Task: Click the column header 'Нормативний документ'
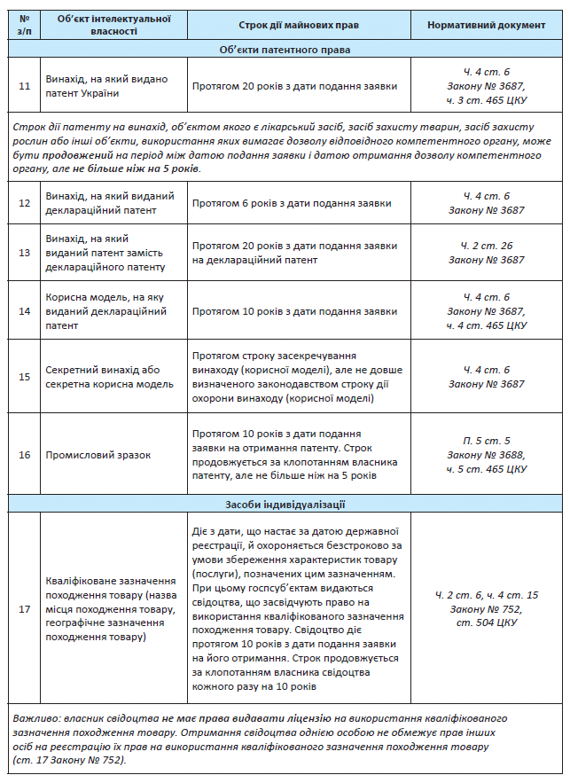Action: click(x=487, y=25)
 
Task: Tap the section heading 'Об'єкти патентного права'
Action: click(x=285, y=50)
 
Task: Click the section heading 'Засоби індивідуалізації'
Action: click(x=285, y=505)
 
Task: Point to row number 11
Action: click(x=25, y=86)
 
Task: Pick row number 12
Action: click(x=25, y=203)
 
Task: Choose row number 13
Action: click(x=25, y=253)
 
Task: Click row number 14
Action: click(x=25, y=311)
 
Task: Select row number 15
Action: click(x=25, y=376)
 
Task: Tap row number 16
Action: click(x=25, y=455)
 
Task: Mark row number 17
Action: click(x=25, y=609)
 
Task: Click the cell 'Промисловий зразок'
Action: click(x=98, y=455)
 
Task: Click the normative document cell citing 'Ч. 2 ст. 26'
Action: click(x=487, y=253)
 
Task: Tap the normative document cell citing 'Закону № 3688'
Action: click(x=487, y=455)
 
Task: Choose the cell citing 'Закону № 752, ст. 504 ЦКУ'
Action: click(x=487, y=609)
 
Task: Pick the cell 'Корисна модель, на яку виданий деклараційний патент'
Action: click(x=106, y=311)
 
